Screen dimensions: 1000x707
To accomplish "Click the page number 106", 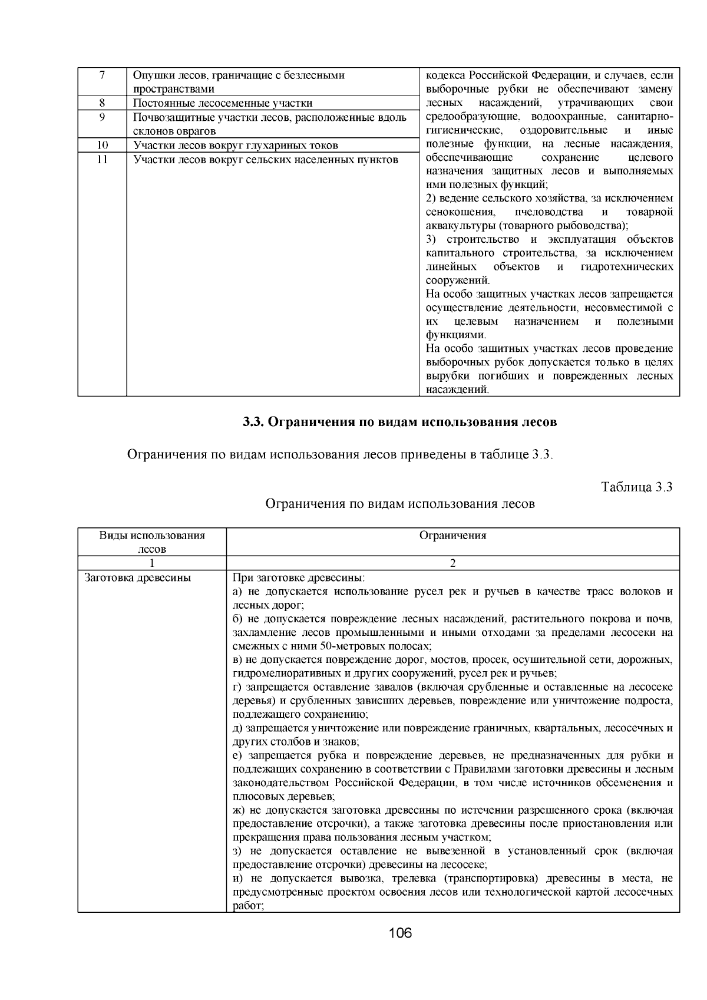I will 400,933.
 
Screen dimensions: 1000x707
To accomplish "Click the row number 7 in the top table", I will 102,75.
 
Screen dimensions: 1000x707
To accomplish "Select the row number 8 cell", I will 102,103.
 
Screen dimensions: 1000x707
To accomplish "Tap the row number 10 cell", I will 102,145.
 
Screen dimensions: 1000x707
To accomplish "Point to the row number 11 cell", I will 102,160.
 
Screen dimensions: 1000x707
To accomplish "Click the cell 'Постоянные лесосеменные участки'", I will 223,103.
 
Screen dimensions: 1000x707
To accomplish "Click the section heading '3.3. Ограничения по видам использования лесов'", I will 400,423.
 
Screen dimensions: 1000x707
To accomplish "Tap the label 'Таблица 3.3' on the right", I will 636,487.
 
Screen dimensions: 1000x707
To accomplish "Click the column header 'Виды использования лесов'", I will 152,542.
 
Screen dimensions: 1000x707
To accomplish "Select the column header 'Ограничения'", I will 452,535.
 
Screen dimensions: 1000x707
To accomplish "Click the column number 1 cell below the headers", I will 152,563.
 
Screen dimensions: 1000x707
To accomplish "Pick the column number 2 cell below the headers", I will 452,563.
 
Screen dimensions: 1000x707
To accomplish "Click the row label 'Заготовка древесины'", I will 138,577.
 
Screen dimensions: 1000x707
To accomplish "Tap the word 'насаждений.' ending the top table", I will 457,389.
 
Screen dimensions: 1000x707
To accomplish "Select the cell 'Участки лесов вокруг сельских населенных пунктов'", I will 266,160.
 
